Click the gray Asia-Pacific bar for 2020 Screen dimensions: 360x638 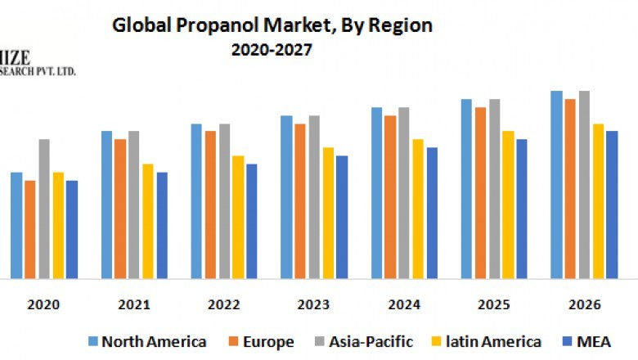(x=44, y=209)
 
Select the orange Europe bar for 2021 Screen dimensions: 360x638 (x=120, y=209)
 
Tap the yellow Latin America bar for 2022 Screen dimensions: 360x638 (x=238, y=217)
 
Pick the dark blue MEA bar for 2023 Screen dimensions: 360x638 (x=342, y=217)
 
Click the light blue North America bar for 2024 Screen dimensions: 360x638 (x=377, y=193)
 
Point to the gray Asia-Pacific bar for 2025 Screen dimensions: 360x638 (x=494, y=189)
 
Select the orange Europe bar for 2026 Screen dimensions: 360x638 (x=570, y=189)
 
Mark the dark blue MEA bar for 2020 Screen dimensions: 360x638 (x=72, y=229)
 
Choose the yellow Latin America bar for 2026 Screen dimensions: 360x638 (x=598, y=201)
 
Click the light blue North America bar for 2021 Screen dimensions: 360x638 (x=107, y=205)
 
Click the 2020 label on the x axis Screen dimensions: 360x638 (x=43, y=304)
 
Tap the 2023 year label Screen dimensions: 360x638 (x=313, y=304)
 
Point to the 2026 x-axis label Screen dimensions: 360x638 (x=583, y=304)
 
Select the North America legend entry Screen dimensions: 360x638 (x=146, y=341)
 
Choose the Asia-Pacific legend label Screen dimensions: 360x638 (x=371, y=341)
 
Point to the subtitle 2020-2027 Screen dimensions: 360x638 (x=271, y=49)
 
